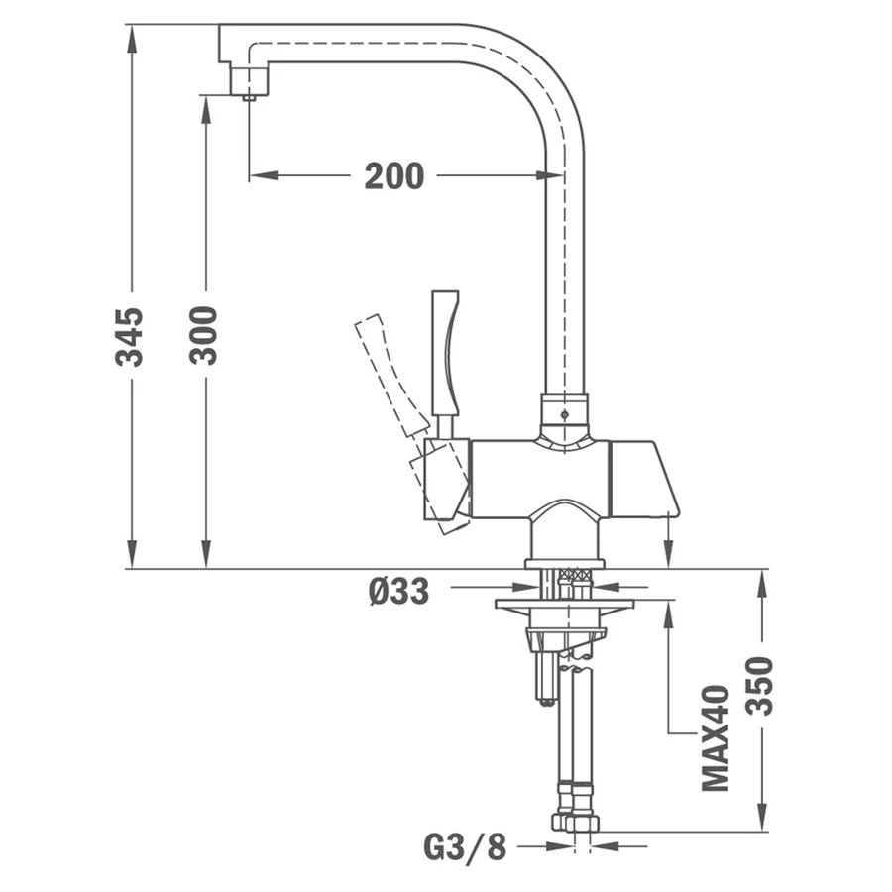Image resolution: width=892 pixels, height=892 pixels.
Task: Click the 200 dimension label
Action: click(393, 175)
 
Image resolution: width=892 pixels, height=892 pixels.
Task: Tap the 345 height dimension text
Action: click(129, 337)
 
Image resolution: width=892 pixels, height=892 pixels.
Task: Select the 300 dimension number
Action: click(203, 335)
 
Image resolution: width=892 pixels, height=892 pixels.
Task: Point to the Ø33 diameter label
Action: click(398, 591)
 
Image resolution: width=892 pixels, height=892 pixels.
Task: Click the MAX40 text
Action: click(715, 737)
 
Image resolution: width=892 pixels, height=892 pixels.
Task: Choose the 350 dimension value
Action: click(759, 686)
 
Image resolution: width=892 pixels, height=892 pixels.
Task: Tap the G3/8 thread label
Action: click(465, 847)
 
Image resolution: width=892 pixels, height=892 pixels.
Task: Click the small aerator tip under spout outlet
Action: click(249, 98)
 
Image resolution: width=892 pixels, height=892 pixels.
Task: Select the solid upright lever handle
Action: click(445, 353)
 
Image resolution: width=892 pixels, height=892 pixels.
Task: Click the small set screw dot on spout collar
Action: click(564, 414)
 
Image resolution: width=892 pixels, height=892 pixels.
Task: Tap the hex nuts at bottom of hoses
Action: click(576, 822)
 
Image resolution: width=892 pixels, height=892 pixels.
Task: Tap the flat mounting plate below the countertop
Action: click(564, 604)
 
